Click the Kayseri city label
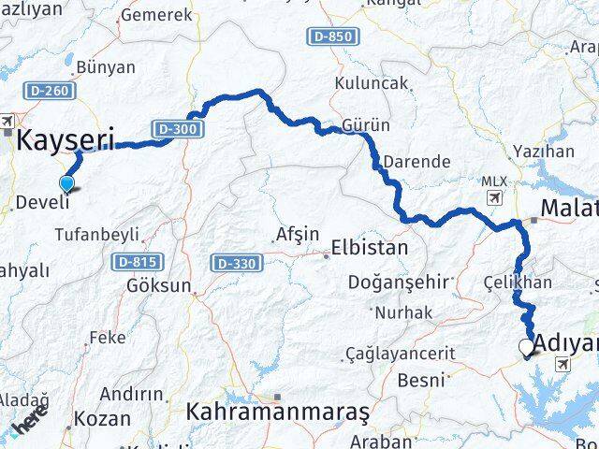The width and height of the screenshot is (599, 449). (x=66, y=142)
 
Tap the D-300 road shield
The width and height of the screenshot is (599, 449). (x=177, y=128)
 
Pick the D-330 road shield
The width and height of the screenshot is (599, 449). (x=234, y=264)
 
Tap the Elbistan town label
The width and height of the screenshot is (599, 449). (x=370, y=249)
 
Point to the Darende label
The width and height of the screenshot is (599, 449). (x=416, y=161)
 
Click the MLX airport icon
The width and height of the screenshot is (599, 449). (x=493, y=197)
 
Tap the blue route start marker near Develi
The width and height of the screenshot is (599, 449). (x=67, y=183)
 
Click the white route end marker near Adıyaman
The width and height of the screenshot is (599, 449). (x=526, y=348)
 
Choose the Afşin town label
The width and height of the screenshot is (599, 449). (x=298, y=234)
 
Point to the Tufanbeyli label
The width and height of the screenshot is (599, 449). (x=97, y=234)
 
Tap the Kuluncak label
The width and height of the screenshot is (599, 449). (x=376, y=82)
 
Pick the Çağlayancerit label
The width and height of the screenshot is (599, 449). (x=401, y=354)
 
